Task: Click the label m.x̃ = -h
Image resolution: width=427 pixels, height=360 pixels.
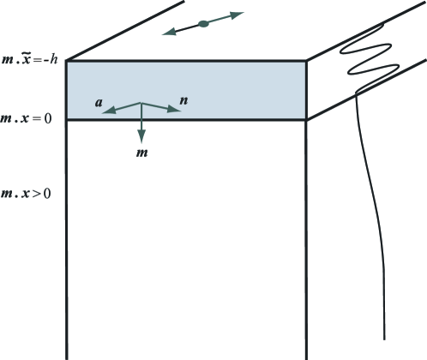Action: click(29, 59)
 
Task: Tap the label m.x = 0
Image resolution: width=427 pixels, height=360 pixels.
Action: click(26, 118)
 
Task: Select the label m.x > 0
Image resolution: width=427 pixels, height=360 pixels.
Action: click(26, 194)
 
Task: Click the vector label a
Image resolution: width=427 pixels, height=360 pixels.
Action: click(99, 102)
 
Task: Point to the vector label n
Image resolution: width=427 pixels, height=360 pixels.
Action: click(183, 100)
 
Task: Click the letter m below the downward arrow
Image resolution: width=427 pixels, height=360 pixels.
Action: click(142, 153)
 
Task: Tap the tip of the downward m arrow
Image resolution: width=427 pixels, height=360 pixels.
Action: click(141, 143)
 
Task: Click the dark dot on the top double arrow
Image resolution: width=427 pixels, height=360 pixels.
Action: click(203, 24)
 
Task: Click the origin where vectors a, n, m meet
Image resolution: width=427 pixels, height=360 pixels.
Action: click(141, 102)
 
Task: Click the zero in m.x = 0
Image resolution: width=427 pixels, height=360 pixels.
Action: click(48, 118)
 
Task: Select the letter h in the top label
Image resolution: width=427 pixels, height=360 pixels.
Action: click(54, 59)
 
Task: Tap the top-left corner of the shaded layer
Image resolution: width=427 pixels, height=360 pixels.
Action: click(67, 61)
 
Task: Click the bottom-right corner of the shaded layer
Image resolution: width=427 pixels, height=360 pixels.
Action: click(307, 120)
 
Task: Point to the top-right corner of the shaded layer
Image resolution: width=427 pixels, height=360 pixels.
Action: click(307, 61)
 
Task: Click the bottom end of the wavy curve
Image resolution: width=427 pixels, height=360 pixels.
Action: click(384, 339)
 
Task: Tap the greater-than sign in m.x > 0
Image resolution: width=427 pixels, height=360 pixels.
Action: click(36, 194)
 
